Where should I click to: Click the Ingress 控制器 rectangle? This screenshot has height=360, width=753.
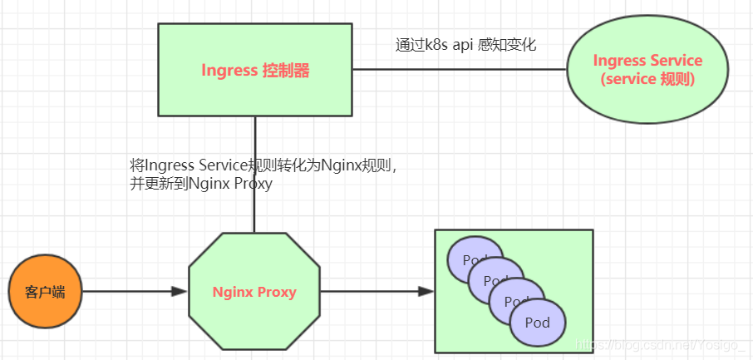coord(255,70)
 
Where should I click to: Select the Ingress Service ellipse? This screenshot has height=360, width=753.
coord(647,70)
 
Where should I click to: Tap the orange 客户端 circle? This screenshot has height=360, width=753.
coord(44,292)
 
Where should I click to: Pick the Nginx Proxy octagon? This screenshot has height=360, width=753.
coord(254,292)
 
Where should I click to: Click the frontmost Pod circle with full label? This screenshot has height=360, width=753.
coord(538,323)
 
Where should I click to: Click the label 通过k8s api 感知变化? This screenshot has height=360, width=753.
coord(465,45)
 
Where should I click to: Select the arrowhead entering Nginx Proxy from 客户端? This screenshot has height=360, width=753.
coord(179,292)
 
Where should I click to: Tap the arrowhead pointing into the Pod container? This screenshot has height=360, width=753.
coord(426,292)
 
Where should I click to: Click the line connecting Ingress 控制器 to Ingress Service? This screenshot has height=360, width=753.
coord(457,70)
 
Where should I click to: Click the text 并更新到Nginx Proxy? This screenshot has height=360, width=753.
coord(201,185)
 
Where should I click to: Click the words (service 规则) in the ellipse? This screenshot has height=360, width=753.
coord(647,80)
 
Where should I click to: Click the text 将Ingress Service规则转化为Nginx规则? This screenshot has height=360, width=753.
coord(264,165)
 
